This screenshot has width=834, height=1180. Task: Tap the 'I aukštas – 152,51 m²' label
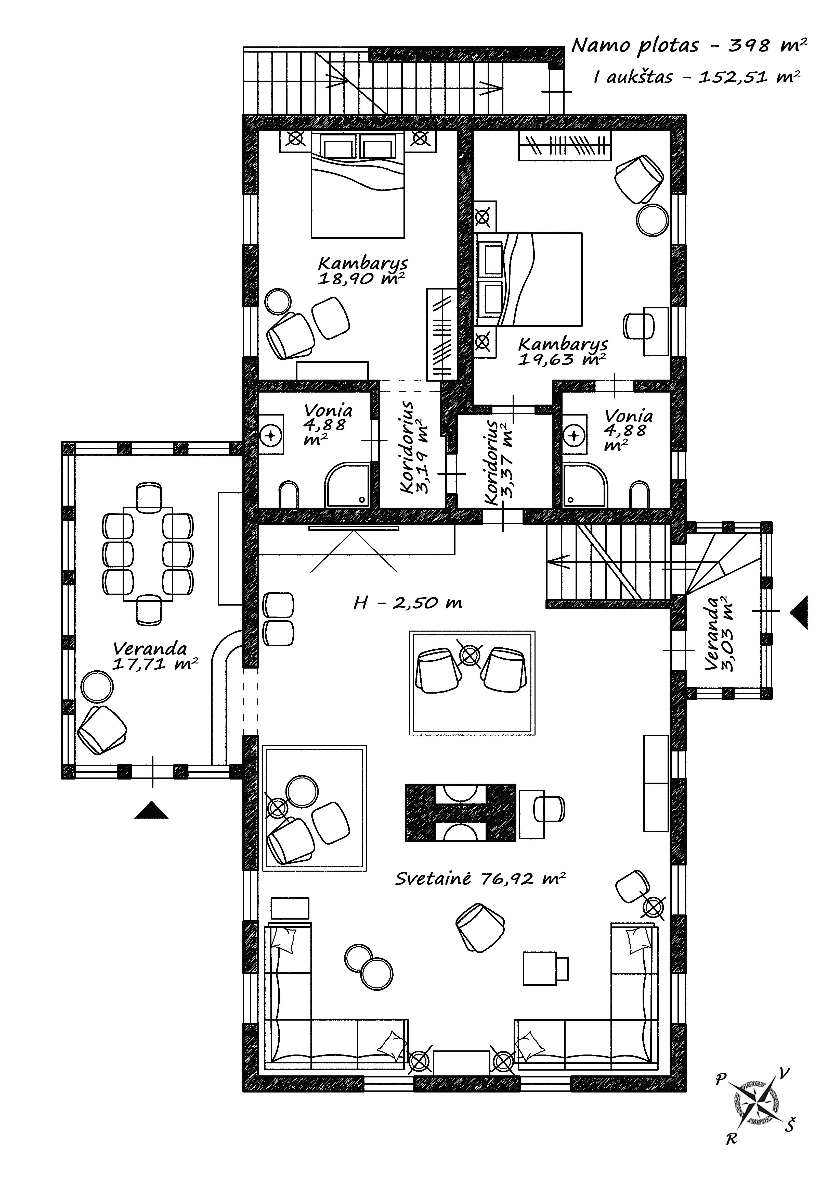(696, 77)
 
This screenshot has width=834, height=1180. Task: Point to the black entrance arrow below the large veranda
(151, 810)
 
